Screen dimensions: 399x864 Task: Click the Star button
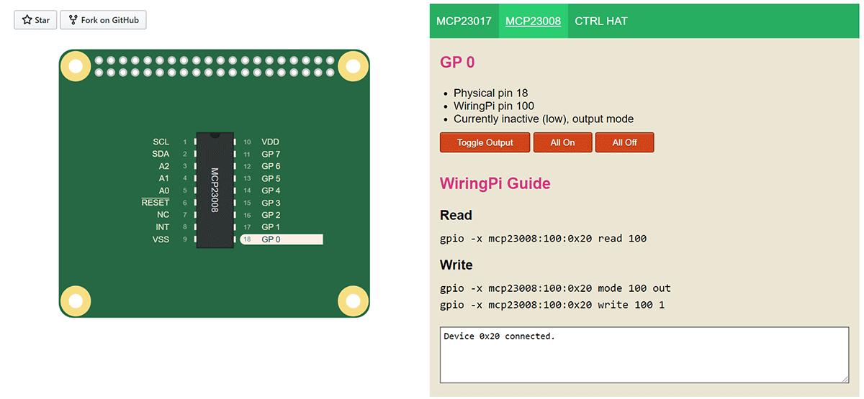(x=35, y=20)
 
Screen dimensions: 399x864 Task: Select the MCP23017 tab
(x=464, y=21)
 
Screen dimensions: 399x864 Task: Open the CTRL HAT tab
(x=600, y=21)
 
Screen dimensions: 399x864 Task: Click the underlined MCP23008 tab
(x=533, y=21)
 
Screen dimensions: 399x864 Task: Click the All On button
(x=562, y=142)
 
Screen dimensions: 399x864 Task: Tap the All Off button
(x=624, y=142)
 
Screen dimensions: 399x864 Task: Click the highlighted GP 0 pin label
(x=282, y=239)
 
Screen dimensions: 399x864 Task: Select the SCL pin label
(x=161, y=142)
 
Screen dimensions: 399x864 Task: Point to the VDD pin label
(x=271, y=142)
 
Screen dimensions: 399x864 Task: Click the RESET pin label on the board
(x=156, y=203)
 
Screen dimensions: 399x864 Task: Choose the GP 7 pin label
(x=271, y=154)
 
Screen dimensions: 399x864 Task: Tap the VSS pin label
(x=161, y=239)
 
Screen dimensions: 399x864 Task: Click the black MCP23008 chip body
(x=215, y=191)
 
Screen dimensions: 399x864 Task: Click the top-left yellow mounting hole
(x=75, y=66)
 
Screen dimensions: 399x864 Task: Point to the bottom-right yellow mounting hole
(x=353, y=301)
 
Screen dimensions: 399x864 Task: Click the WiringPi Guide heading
(x=495, y=183)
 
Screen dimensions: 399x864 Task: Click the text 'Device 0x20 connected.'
(x=499, y=336)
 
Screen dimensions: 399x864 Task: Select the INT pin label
(x=162, y=227)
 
